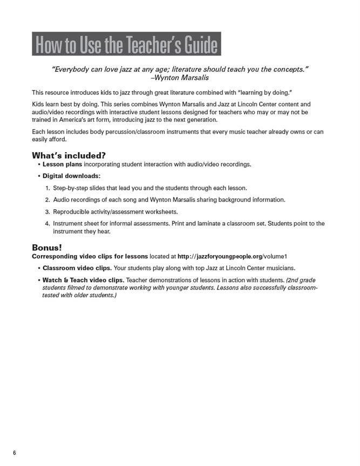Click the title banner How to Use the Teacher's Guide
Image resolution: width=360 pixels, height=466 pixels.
tap(126, 44)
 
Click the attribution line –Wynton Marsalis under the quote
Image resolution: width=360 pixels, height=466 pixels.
tap(180, 77)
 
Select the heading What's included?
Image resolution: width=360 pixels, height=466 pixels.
tap(69, 155)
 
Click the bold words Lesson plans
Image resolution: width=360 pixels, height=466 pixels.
tap(63, 164)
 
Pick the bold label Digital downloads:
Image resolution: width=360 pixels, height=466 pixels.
tap(71, 176)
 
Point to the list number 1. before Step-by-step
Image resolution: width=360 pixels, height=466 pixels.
tap(47, 188)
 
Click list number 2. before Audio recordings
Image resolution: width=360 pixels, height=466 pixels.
tap(47, 200)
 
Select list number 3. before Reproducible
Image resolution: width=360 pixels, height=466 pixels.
tap(47, 212)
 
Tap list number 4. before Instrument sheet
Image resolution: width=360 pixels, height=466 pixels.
tap(47, 223)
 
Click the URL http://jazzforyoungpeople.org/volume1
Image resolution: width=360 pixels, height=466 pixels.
tap(232, 256)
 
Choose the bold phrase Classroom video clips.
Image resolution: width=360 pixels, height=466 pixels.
tap(77, 268)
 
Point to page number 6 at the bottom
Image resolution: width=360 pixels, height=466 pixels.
tap(15, 453)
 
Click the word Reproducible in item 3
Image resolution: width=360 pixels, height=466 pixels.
tap(72, 212)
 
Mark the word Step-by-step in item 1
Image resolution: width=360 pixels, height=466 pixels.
tap(71, 188)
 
